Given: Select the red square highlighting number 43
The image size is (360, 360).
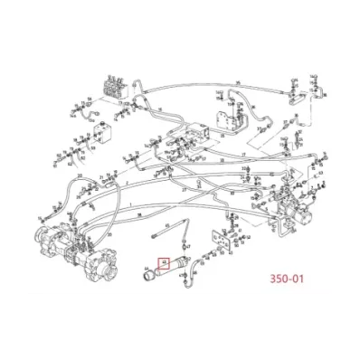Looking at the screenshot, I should (165, 263).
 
